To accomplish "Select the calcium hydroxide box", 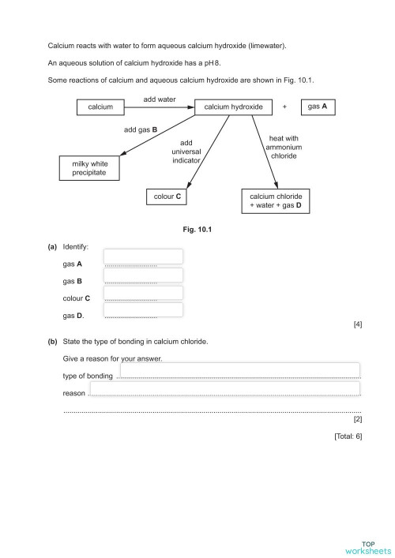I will [x=233, y=107].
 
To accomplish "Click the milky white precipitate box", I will [x=89, y=167].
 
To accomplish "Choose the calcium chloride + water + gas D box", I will [x=276, y=200].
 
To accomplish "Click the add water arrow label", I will [x=159, y=99].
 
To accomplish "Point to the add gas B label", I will [x=141, y=129].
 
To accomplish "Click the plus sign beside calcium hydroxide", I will [x=284, y=107].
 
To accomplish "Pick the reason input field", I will [x=225, y=388].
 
